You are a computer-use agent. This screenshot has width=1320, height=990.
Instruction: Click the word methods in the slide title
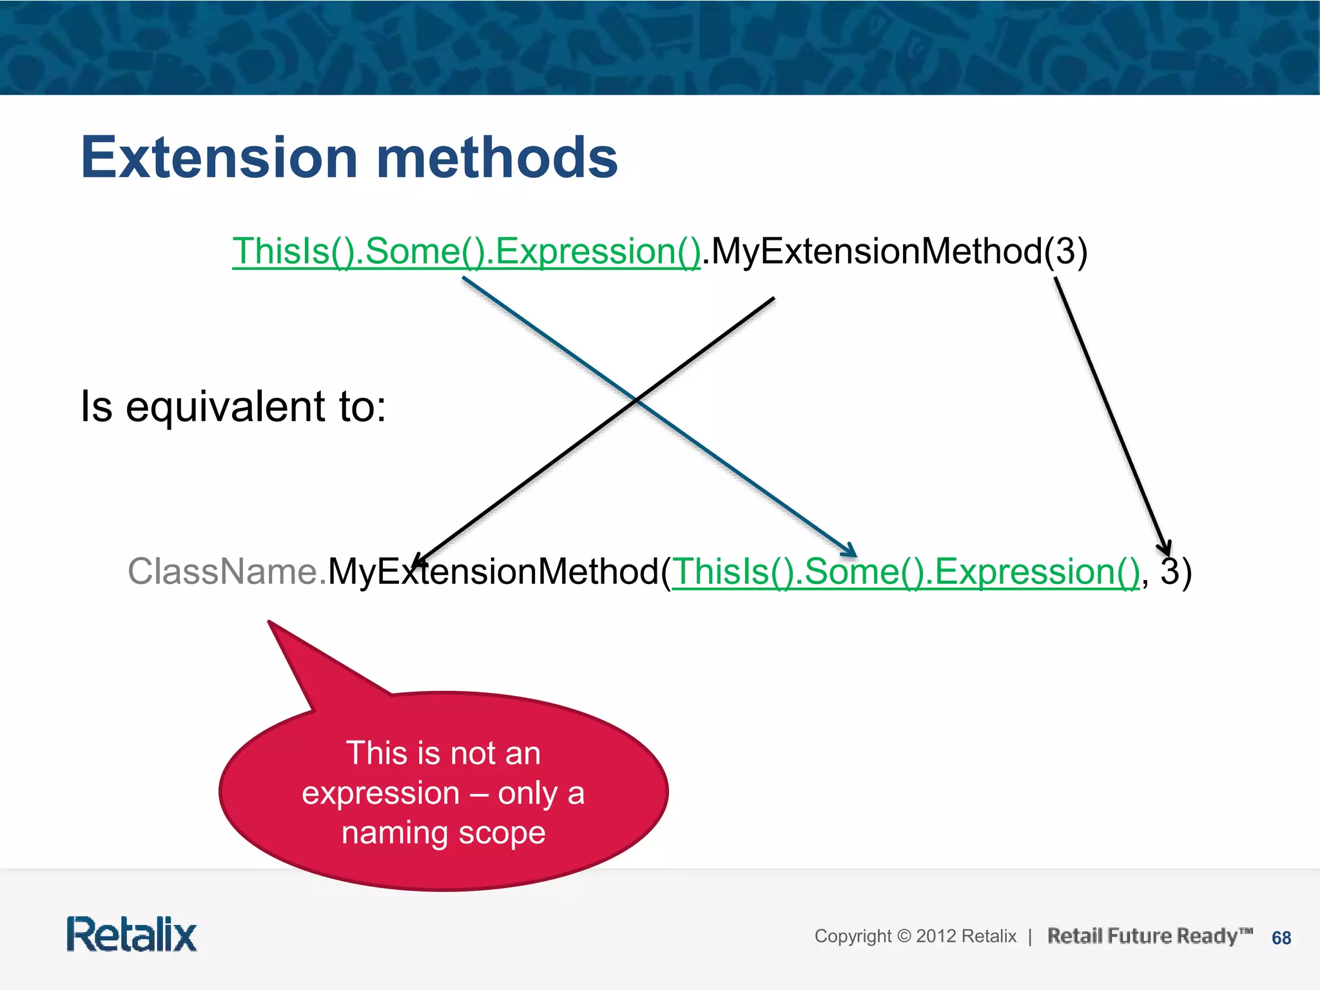496,157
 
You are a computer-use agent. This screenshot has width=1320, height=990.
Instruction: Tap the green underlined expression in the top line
466,251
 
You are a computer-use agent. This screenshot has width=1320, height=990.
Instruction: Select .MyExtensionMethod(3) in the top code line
895,251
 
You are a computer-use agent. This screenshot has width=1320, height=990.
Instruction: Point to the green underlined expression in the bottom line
906,572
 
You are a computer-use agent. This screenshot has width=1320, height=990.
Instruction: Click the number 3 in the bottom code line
1169,571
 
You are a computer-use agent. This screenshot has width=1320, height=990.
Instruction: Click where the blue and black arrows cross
636,400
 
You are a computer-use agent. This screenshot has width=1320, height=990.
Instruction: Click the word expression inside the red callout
380,793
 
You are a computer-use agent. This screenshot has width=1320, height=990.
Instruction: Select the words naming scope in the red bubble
443,832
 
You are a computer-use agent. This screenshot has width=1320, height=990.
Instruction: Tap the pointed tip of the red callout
269,623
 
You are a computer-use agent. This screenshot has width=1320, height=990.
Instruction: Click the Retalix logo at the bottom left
131,935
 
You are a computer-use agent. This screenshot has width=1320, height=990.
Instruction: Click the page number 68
1281,938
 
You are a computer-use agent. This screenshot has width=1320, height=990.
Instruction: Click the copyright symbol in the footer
904,936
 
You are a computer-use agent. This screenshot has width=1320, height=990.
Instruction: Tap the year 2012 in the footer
935,936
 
